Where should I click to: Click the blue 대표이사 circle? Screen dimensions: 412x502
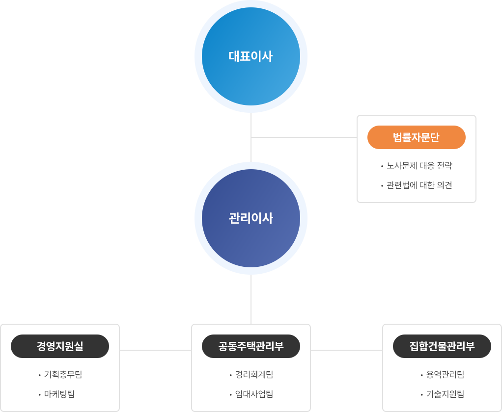[251, 56]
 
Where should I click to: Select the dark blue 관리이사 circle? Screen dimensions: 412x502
[251, 218]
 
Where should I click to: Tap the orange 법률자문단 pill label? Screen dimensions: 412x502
[416, 137]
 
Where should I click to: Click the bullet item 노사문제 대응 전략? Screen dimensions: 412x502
[419, 166]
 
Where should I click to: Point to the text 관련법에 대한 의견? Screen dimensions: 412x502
[419, 185]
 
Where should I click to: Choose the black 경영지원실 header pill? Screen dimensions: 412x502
[60, 346]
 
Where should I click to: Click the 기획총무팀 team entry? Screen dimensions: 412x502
[63, 375]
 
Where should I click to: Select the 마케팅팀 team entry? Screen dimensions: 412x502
[59, 394]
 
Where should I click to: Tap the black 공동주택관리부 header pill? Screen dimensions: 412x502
[251, 346]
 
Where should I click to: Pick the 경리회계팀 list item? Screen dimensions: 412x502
[254, 375]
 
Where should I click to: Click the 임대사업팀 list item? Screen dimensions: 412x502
[254, 394]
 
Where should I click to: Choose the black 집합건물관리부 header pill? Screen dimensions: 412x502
[442, 346]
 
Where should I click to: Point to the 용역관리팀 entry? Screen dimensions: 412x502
[445, 375]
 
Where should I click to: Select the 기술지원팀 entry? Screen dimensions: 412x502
[445, 394]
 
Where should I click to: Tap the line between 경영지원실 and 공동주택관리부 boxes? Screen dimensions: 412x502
[155, 350]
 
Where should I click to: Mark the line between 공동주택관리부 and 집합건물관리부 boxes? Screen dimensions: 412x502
[346, 350]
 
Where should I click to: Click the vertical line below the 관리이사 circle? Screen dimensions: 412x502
[251, 299]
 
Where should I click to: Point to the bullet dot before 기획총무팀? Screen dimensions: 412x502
[40, 375]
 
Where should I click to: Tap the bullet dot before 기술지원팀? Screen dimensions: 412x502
[421, 395]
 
